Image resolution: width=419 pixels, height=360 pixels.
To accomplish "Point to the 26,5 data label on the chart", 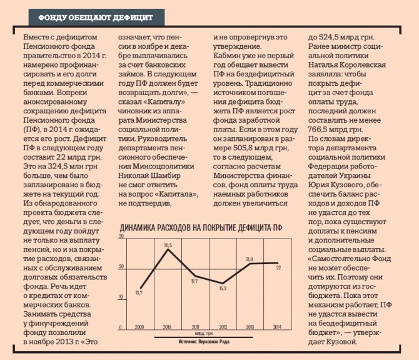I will point(168,245).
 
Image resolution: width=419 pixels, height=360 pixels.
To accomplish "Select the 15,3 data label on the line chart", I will point(222,288).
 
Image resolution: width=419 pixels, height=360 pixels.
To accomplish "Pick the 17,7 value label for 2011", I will point(194,282).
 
